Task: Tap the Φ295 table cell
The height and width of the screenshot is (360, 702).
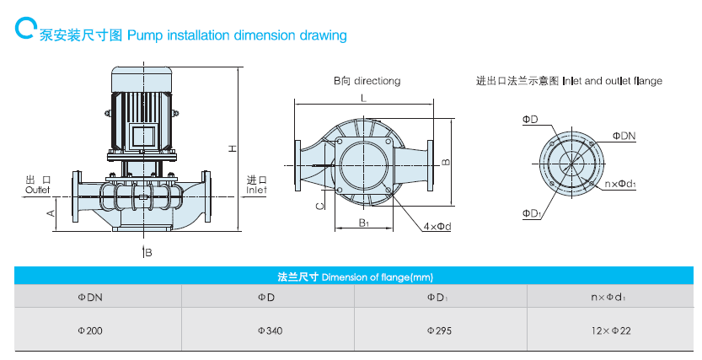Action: point(441,330)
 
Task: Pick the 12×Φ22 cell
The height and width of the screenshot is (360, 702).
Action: point(612,330)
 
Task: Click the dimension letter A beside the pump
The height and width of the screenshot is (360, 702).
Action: point(51,212)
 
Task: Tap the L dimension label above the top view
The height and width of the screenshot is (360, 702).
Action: point(362,99)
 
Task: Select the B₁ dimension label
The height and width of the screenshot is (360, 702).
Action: point(363,223)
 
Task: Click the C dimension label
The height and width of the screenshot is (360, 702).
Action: point(319,205)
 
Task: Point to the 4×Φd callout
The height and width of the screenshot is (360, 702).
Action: point(437,226)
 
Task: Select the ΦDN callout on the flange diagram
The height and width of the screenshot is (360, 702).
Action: point(624,135)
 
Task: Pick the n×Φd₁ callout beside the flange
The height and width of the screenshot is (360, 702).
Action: point(621,184)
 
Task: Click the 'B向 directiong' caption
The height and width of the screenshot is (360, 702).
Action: point(367,81)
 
